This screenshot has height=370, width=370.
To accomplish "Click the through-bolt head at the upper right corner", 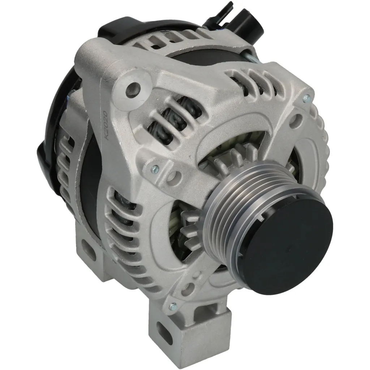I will point(306,98).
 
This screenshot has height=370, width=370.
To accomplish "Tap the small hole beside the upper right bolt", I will point(298,118).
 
